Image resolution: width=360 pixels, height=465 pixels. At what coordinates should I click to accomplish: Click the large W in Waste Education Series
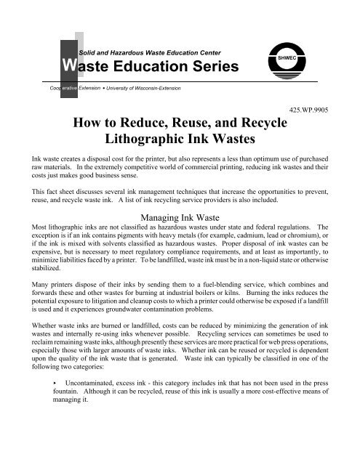pos(68,68)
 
